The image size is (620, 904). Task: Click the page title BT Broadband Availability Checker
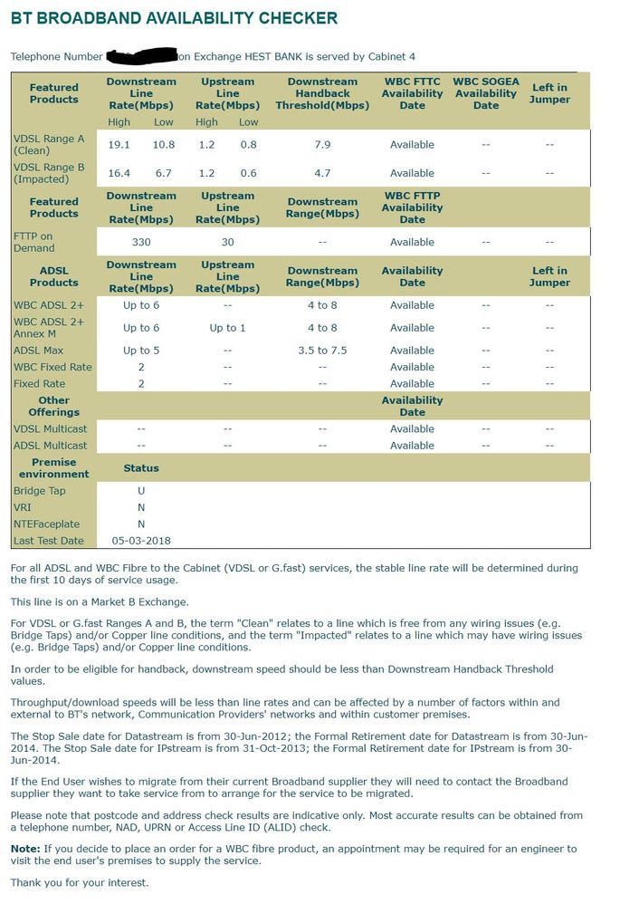(x=174, y=18)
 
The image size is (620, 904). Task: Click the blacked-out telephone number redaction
(x=142, y=56)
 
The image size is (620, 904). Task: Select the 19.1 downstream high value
(x=119, y=145)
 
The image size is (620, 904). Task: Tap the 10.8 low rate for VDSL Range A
(x=163, y=145)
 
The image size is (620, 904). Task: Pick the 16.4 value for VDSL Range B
(x=119, y=173)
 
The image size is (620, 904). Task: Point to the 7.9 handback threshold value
(x=322, y=145)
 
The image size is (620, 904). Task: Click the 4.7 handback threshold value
(x=322, y=173)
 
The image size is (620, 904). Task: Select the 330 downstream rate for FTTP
(x=141, y=243)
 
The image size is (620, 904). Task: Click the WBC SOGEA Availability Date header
(x=486, y=93)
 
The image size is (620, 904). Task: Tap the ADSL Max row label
(x=41, y=351)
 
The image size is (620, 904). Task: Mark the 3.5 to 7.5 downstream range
(x=322, y=351)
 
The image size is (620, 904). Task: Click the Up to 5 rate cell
(x=141, y=351)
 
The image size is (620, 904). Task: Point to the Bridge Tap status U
(x=141, y=491)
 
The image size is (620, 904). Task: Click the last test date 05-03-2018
(x=141, y=541)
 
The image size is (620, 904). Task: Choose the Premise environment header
(x=54, y=468)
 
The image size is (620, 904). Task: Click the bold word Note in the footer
(x=24, y=849)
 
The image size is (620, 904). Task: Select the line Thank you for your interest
(x=80, y=882)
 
